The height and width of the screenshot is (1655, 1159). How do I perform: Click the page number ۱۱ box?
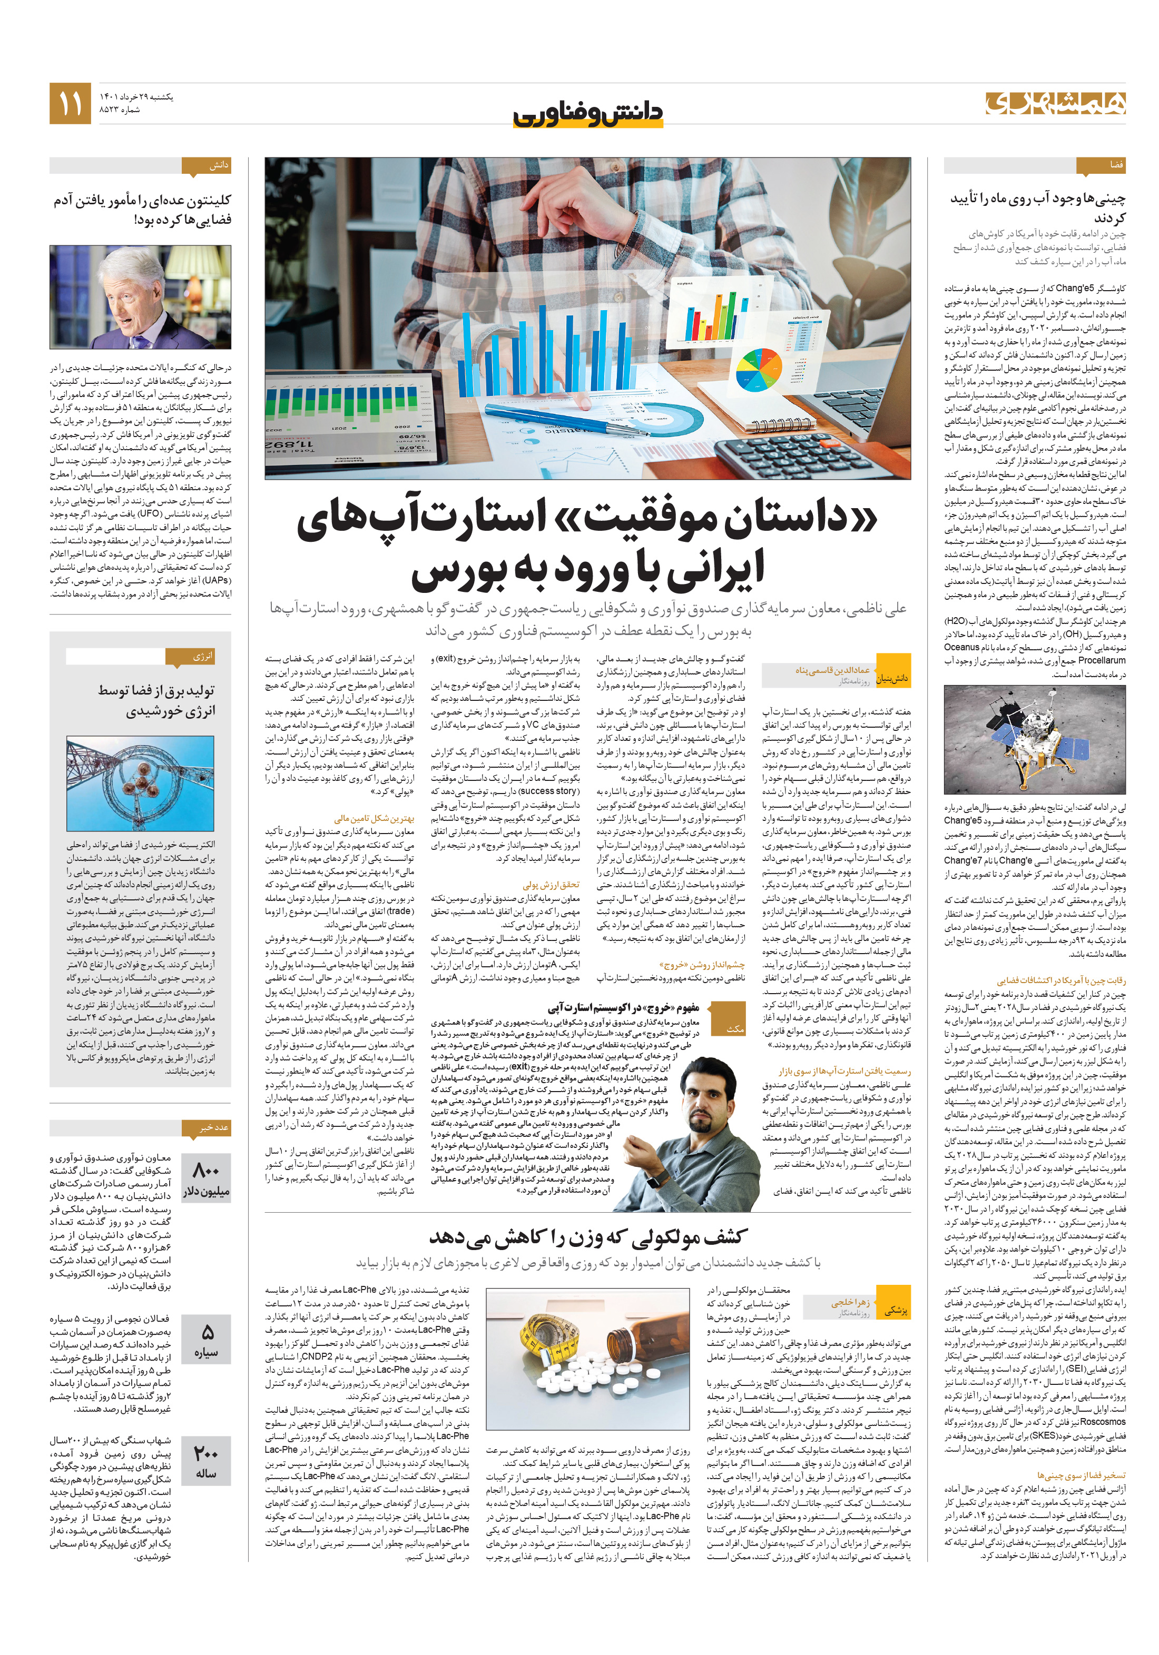(x=70, y=104)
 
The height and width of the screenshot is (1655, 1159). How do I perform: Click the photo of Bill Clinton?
(x=140, y=297)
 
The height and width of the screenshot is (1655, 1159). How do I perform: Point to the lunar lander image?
(x=1034, y=738)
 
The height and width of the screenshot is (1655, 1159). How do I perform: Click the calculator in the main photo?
(x=815, y=447)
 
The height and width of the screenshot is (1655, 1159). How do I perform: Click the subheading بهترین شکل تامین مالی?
(x=374, y=818)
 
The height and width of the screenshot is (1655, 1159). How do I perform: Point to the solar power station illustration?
(x=140, y=784)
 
